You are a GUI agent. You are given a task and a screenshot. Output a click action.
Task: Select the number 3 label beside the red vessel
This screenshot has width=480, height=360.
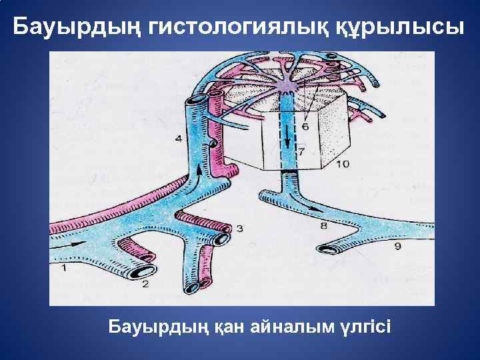click(239, 229)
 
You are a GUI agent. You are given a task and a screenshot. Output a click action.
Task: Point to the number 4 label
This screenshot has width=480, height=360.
click(178, 139)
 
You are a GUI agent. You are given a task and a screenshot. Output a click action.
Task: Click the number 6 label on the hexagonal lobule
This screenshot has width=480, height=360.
click(305, 126)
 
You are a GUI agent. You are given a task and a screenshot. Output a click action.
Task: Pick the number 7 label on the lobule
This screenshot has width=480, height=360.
click(301, 152)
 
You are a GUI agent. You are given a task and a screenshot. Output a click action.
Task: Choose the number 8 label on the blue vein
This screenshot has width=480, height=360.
click(323, 226)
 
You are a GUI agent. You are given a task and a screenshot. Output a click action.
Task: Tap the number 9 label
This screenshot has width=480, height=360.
click(397, 247)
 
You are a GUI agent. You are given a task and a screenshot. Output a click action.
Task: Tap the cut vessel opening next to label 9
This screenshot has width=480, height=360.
click(329, 251)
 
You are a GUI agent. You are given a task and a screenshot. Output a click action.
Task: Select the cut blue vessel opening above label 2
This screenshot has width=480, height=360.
click(141, 271)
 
